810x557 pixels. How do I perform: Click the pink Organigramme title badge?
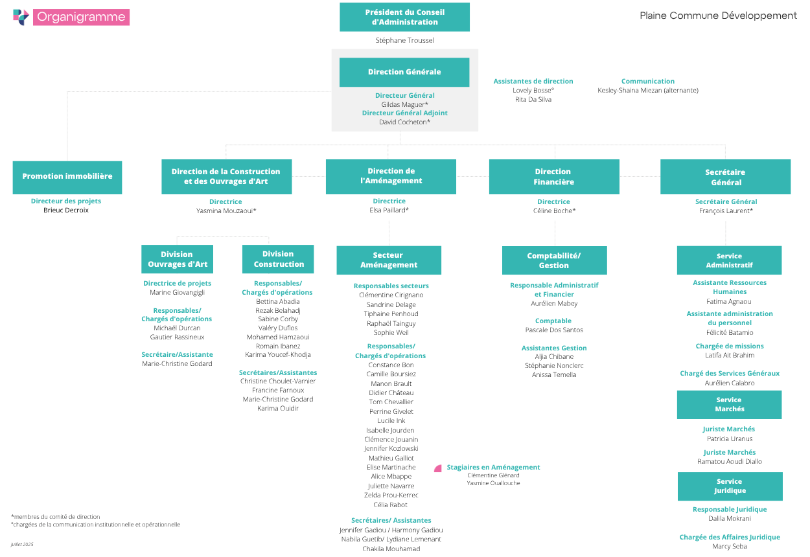tap(81, 17)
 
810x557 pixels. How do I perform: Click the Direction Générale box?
tap(404, 72)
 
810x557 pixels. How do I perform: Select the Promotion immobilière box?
tap(67, 177)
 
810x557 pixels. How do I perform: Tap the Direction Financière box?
tap(554, 177)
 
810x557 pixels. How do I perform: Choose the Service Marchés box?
tap(729, 404)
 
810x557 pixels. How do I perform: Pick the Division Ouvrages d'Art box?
tap(177, 259)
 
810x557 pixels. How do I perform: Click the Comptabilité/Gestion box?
tap(554, 260)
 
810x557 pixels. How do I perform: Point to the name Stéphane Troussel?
tap(404, 40)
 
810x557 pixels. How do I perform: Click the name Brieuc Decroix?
tap(66, 210)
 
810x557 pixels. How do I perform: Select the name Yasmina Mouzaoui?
tap(225, 210)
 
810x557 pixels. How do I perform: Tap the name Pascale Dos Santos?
tap(554, 330)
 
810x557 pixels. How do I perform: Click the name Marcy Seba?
tap(730, 546)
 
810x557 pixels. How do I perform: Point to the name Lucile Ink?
tap(391, 420)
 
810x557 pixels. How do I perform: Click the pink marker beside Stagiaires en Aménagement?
tap(438, 468)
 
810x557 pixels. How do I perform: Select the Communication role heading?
tap(647, 82)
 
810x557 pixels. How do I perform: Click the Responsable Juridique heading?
tap(730, 509)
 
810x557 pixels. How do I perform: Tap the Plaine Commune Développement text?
tap(718, 16)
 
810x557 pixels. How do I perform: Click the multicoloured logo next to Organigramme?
tap(21, 17)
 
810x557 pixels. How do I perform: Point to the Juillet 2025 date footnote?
tap(21, 544)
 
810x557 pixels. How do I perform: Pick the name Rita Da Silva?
tap(533, 99)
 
